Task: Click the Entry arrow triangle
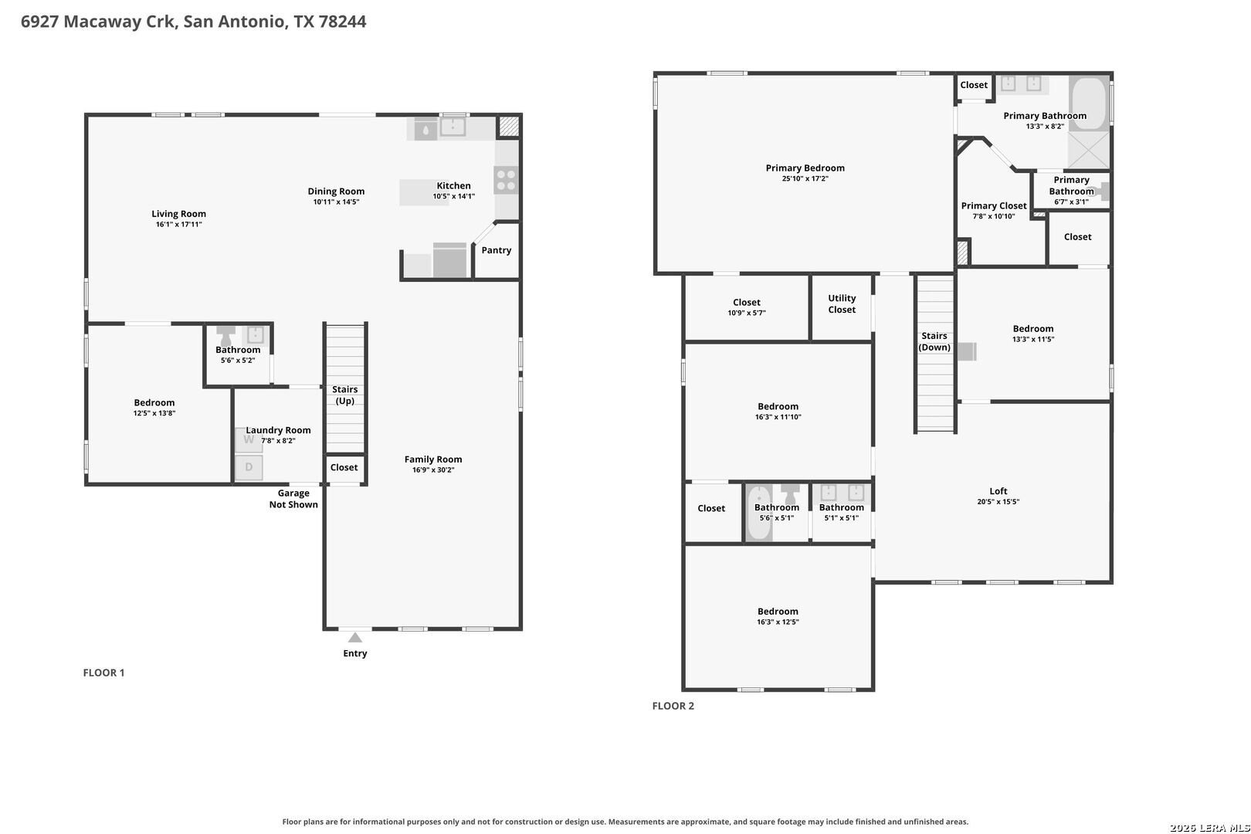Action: pyautogui.click(x=355, y=637)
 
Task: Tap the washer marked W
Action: pyautogui.click(x=249, y=440)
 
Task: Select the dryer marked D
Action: pyautogui.click(x=249, y=467)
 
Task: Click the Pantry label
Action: pyautogui.click(x=497, y=250)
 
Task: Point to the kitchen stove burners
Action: pyautogui.click(x=506, y=180)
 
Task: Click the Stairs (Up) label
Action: pyautogui.click(x=345, y=395)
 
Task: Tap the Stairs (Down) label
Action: pyautogui.click(x=934, y=341)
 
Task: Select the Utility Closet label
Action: pyautogui.click(x=842, y=304)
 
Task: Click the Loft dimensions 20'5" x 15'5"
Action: pyautogui.click(x=998, y=502)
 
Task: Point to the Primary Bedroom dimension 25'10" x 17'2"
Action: pyautogui.click(x=805, y=178)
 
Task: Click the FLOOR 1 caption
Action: pyautogui.click(x=104, y=673)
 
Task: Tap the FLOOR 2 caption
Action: pyautogui.click(x=673, y=706)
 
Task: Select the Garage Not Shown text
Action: pyautogui.click(x=293, y=499)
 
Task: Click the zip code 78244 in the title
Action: pyautogui.click(x=342, y=21)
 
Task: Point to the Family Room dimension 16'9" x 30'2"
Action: pyautogui.click(x=433, y=470)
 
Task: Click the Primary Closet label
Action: pyautogui.click(x=994, y=205)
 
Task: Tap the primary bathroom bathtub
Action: pyautogui.click(x=1089, y=103)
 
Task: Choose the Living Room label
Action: pyautogui.click(x=178, y=213)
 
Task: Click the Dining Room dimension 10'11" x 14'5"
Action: pyautogui.click(x=336, y=202)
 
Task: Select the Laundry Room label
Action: pyautogui.click(x=278, y=430)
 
